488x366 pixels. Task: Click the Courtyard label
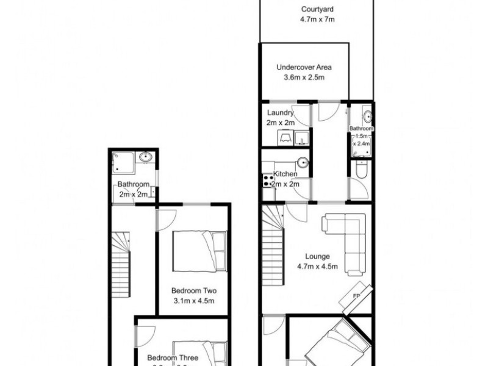coord(317,9)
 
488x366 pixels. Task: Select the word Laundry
coord(281,113)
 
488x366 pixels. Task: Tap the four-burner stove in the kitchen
coord(267,181)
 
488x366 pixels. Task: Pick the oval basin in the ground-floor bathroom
coord(368,115)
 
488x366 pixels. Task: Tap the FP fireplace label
coord(357,296)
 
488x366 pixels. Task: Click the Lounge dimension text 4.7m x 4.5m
coord(317,267)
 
